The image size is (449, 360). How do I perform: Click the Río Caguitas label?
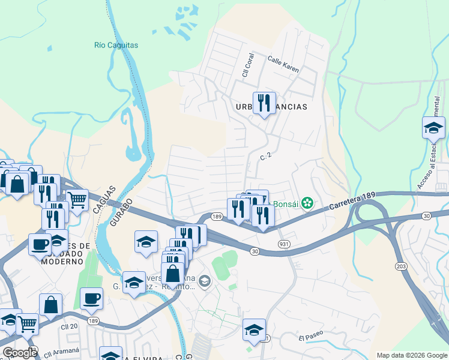[116, 45]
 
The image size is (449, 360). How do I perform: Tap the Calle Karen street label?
[283, 64]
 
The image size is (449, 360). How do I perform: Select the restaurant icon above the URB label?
[264, 104]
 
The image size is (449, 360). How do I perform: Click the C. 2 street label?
[267, 156]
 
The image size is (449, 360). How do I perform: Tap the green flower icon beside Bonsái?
[307, 203]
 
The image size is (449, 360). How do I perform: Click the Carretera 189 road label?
[352, 202]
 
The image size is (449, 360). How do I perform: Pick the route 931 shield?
[285, 244]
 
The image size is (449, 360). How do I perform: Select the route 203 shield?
[401, 265]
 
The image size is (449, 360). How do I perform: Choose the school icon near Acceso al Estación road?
[433, 128]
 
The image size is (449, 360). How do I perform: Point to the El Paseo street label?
[312, 338]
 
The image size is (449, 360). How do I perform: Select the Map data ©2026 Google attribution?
[411, 355]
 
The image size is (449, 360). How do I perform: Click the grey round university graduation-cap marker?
[205, 281]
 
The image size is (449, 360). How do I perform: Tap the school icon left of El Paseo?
[254, 329]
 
